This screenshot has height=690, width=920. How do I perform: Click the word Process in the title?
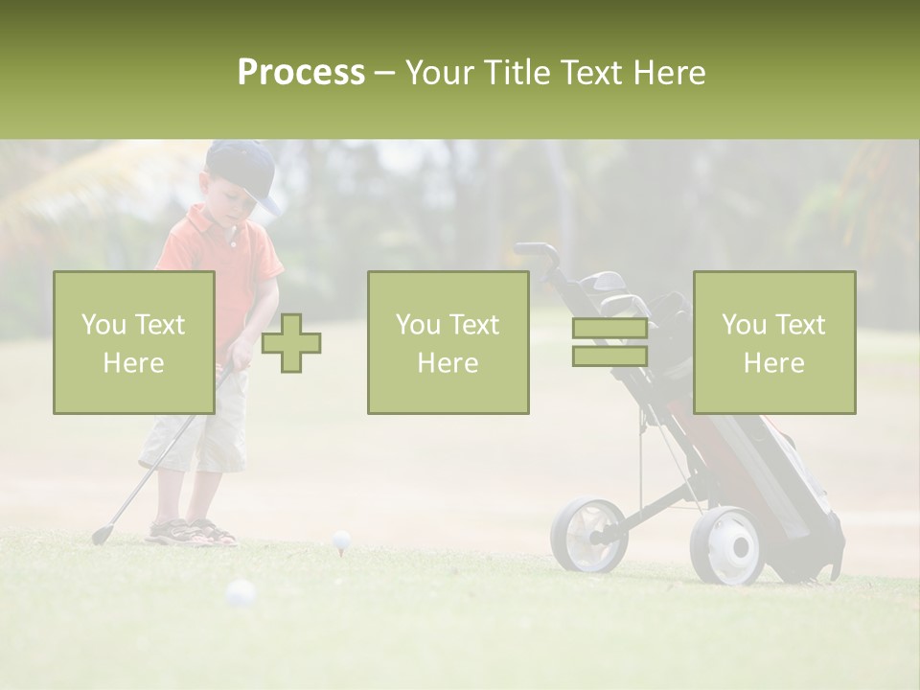[x=301, y=73]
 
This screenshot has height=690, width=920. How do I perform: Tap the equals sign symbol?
[x=609, y=342]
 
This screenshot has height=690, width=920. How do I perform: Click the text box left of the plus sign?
[x=134, y=342]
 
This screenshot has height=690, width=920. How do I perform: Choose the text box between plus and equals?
[x=448, y=342]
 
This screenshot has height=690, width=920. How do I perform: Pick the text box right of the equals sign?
[x=773, y=342]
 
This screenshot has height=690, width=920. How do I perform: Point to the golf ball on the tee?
[x=341, y=540]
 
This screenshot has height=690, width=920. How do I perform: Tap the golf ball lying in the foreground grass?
[x=240, y=594]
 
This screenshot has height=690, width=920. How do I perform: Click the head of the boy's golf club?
[x=101, y=535]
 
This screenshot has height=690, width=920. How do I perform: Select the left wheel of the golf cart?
[x=587, y=533]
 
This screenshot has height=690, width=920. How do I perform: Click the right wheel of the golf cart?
[x=727, y=545]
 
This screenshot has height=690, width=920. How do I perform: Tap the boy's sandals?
[x=192, y=532]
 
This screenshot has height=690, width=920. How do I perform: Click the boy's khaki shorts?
[x=196, y=431]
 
